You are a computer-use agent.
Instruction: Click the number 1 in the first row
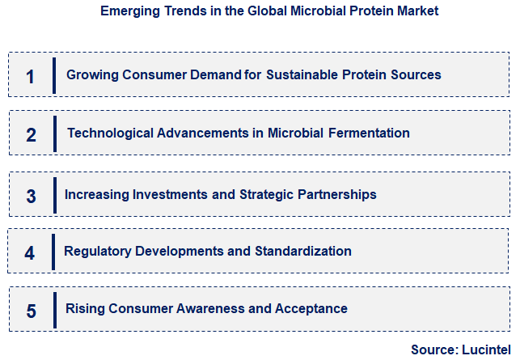[x=31, y=77]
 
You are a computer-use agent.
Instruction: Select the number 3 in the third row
[x=31, y=196]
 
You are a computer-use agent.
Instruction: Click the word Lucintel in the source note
[x=485, y=349]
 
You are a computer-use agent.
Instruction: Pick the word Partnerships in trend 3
[x=337, y=194]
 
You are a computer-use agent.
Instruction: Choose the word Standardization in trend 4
[x=303, y=251]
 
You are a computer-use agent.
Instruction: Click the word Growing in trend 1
[x=91, y=74]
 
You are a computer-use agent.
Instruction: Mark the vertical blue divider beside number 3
[x=53, y=194]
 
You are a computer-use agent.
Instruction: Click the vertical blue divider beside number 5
[x=53, y=309]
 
